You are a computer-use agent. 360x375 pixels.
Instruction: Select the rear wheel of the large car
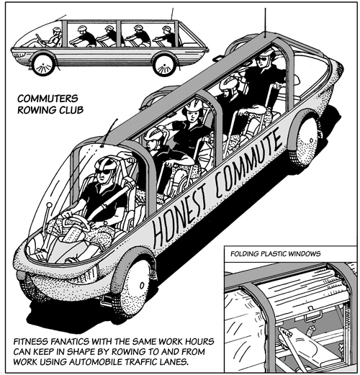click(x=307, y=140)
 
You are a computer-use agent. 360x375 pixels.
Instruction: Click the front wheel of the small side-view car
click(x=43, y=65)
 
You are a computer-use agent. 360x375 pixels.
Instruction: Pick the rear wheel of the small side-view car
click(x=165, y=65)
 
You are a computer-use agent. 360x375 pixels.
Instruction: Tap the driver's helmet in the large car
click(x=106, y=163)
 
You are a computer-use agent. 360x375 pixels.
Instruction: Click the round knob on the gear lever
click(x=49, y=206)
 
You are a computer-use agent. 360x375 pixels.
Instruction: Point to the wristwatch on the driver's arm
click(x=105, y=223)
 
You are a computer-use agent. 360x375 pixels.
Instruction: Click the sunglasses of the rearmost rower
click(x=261, y=58)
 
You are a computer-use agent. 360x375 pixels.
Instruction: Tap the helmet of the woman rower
click(x=193, y=105)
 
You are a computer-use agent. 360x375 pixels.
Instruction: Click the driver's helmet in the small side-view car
click(x=57, y=30)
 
